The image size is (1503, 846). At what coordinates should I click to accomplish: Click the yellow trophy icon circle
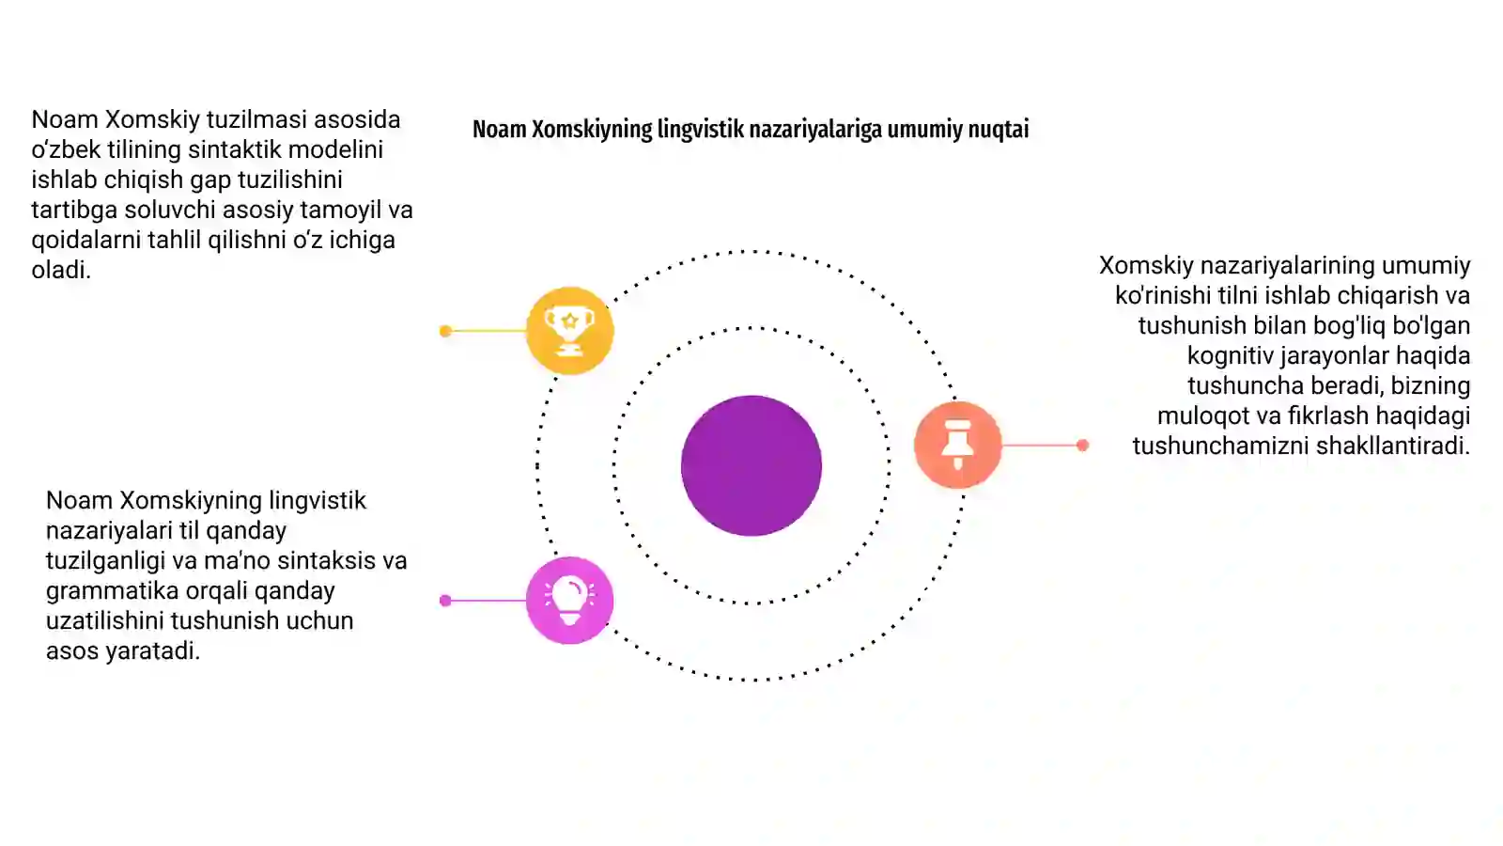(569, 330)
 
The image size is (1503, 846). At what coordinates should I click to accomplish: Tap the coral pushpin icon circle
(957, 445)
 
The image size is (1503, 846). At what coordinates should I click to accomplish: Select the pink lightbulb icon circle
(569, 601)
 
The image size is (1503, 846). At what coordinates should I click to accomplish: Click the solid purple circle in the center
(751, 465)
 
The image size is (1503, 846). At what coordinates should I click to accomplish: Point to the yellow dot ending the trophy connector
(445, 330)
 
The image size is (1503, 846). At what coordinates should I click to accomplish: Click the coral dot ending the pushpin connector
(1082, 445)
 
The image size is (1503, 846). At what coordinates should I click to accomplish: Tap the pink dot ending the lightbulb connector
(445, 601)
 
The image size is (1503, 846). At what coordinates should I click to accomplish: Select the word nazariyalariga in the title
(815, 129)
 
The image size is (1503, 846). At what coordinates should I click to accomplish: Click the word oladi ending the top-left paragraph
(60, 270)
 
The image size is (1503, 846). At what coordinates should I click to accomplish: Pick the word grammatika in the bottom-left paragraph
(112, 591)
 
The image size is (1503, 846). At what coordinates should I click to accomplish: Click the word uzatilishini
(105, 620)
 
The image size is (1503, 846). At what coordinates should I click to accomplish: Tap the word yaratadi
(152, 650)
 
